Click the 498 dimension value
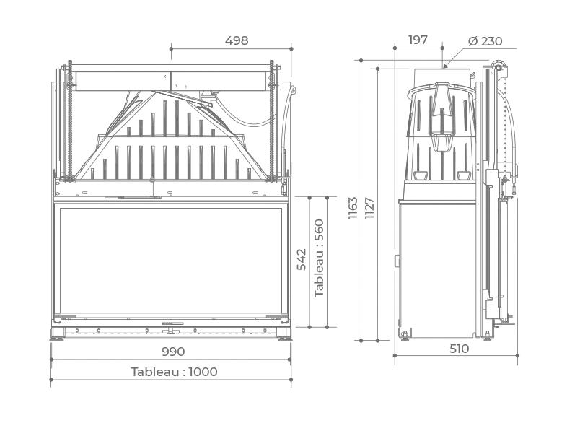(237, 40)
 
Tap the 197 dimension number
(418, 40)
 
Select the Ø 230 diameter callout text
(485, 41)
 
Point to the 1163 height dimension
(353, 208)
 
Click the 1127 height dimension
(369, 208)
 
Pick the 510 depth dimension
(459, 349)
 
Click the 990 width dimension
(173, 352)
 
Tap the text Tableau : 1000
(174, 372)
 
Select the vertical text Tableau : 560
(319, 258)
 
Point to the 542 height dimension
(302, 259)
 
